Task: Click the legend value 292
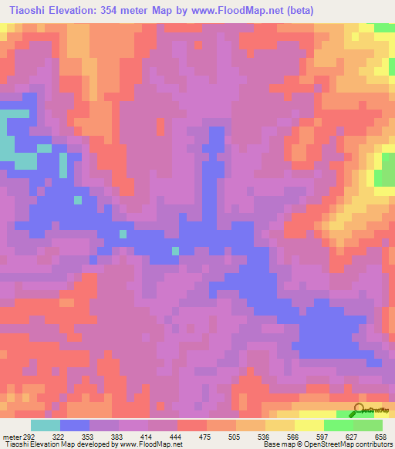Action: point(29,437)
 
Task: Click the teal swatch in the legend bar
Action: point(46,425)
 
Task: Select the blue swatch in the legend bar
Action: point(75,425)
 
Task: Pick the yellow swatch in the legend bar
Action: point(309,425)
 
